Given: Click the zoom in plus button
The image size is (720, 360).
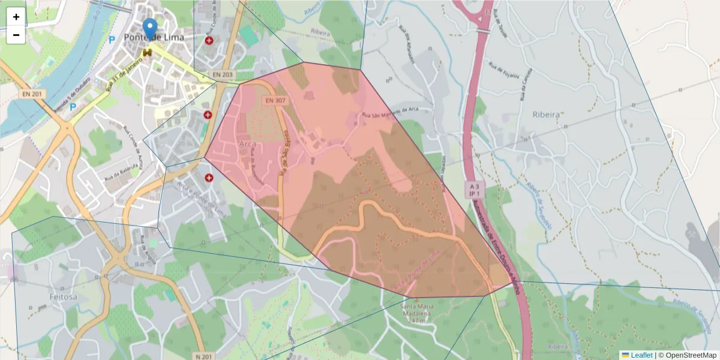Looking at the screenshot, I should click(16, 17).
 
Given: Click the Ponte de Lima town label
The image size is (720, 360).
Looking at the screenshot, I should click(154, 37).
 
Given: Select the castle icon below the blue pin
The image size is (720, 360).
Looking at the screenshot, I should click(147, 53).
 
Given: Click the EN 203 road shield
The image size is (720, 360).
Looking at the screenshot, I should click(223, 74).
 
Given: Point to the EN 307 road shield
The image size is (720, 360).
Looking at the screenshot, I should click(277, 101).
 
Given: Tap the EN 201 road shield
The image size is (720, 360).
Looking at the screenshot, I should click(33, 94).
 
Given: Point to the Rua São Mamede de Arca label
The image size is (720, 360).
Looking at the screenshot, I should click(389, 112).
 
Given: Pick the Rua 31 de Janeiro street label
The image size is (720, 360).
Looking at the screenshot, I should click(124, 77).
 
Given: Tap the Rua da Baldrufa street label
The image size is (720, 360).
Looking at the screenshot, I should click(120, 174).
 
